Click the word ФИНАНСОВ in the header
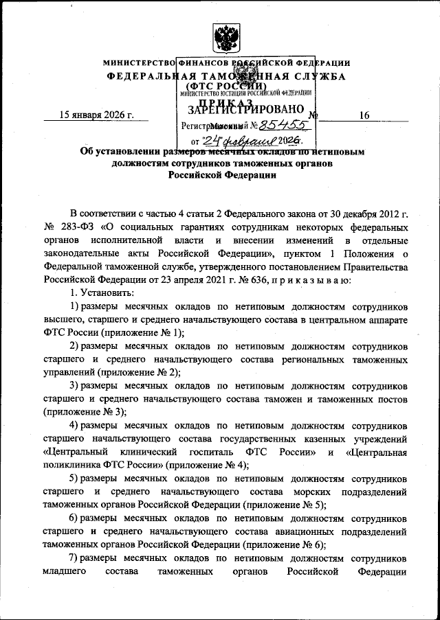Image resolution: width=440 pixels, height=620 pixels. click(205, 62)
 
